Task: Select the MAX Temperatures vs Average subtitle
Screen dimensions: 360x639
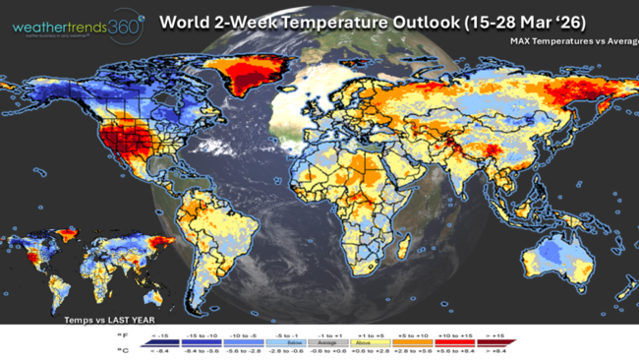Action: coord(572,41)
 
